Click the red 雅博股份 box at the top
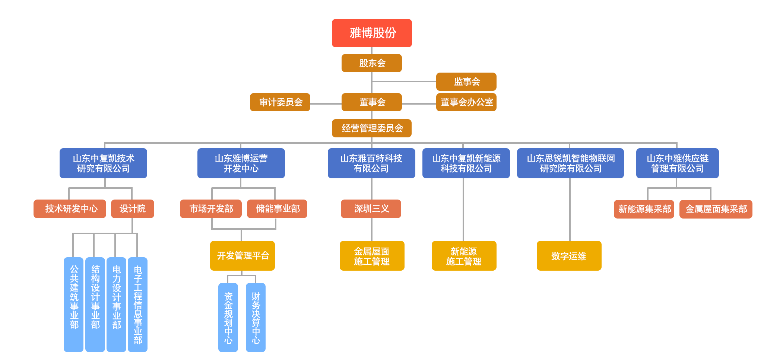pos(371,33)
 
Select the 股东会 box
pos(371,63)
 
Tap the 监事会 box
pos(466,82)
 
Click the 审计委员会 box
pos(280,102)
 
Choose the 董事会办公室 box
pos(466,102)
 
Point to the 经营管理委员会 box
pos(371,128)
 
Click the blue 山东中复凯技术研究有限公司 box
pos(103,163)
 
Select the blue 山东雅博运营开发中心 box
pos(241,163)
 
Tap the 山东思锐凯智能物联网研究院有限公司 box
pos(570,163)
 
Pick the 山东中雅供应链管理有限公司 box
pos(677,163)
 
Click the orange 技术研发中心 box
pos(70,208)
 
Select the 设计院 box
pos(132,208)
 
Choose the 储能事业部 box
pos(277,208)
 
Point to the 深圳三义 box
pos(371,208)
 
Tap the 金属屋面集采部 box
pos(715,209)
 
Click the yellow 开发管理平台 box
pos(242,255)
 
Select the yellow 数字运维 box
pos(569,255)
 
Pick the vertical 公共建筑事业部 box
pos(73,304)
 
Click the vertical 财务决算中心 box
pos(256,317)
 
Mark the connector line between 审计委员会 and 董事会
pos(326,103)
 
